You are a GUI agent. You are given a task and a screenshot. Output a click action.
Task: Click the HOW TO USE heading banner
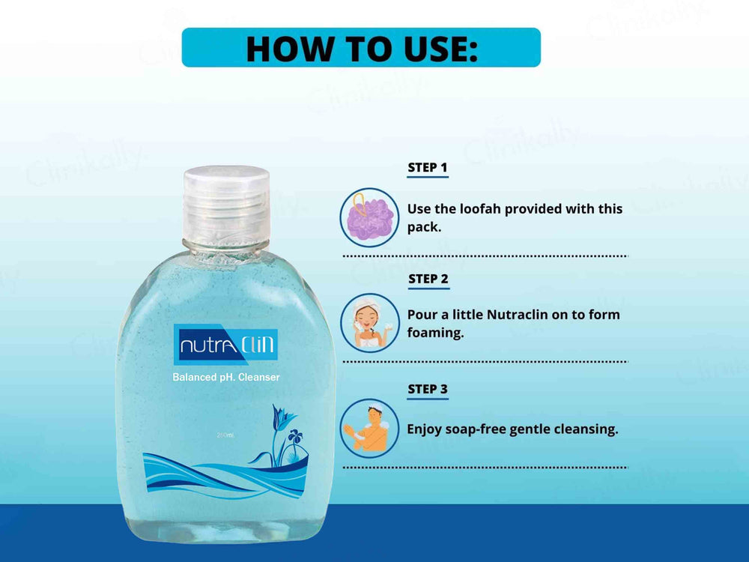point(361,47)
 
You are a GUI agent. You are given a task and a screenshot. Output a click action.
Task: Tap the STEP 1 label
point(428,167)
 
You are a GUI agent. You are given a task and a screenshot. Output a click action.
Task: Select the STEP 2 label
point(428,279)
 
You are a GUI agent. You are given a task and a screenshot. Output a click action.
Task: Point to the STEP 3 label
point(428,389)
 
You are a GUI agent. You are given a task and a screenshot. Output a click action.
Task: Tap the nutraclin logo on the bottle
point(226,345)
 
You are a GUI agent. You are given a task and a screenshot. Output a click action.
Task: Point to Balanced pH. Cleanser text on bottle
point(226,378)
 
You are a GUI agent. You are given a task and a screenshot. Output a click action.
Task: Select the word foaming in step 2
point(435,333)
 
